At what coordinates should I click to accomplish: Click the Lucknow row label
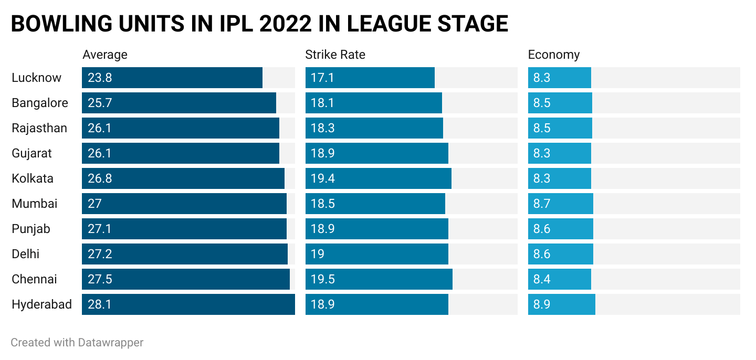point(36,78)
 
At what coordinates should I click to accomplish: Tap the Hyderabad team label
point(41,304)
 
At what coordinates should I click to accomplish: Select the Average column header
point(105,55)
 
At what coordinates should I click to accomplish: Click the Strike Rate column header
point(335,55)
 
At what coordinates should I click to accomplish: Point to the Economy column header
point(553,55)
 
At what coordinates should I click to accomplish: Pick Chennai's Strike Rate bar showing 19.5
point(379,279)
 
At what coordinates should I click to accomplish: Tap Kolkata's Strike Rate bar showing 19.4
point(378,178)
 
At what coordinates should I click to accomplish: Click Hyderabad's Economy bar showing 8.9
point(561,304)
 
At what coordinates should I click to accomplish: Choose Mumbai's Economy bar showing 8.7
point(560,204)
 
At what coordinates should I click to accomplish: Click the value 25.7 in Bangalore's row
point(100,103)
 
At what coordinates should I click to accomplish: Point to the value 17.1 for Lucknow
point(322,78)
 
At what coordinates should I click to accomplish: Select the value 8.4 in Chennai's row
point(542,279)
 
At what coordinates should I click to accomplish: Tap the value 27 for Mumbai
point(94,204)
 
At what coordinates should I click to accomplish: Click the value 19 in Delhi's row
point(317,254)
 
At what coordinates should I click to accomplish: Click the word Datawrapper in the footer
point(111,343)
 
